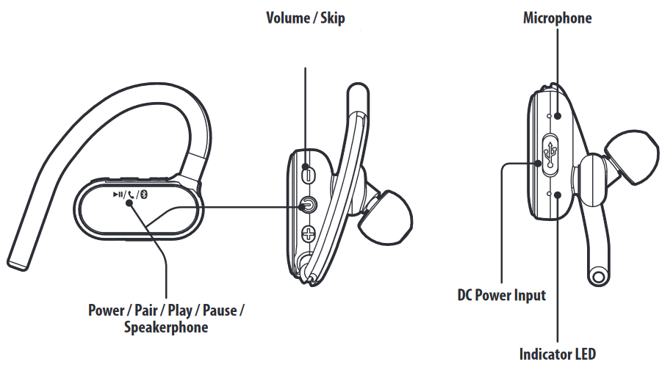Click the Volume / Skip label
(x=305, y=18)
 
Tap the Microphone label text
(x=556, y=18)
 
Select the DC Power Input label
(x=502, y=295)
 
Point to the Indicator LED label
(x=558, y=354)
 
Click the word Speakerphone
(x=166, y=327)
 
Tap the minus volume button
(x=307, y=174)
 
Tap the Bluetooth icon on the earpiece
(x=145, y=195)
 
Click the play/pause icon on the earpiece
(x=118, y=195)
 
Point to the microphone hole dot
(x=558, y=115)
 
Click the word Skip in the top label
(x=330, y=18)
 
